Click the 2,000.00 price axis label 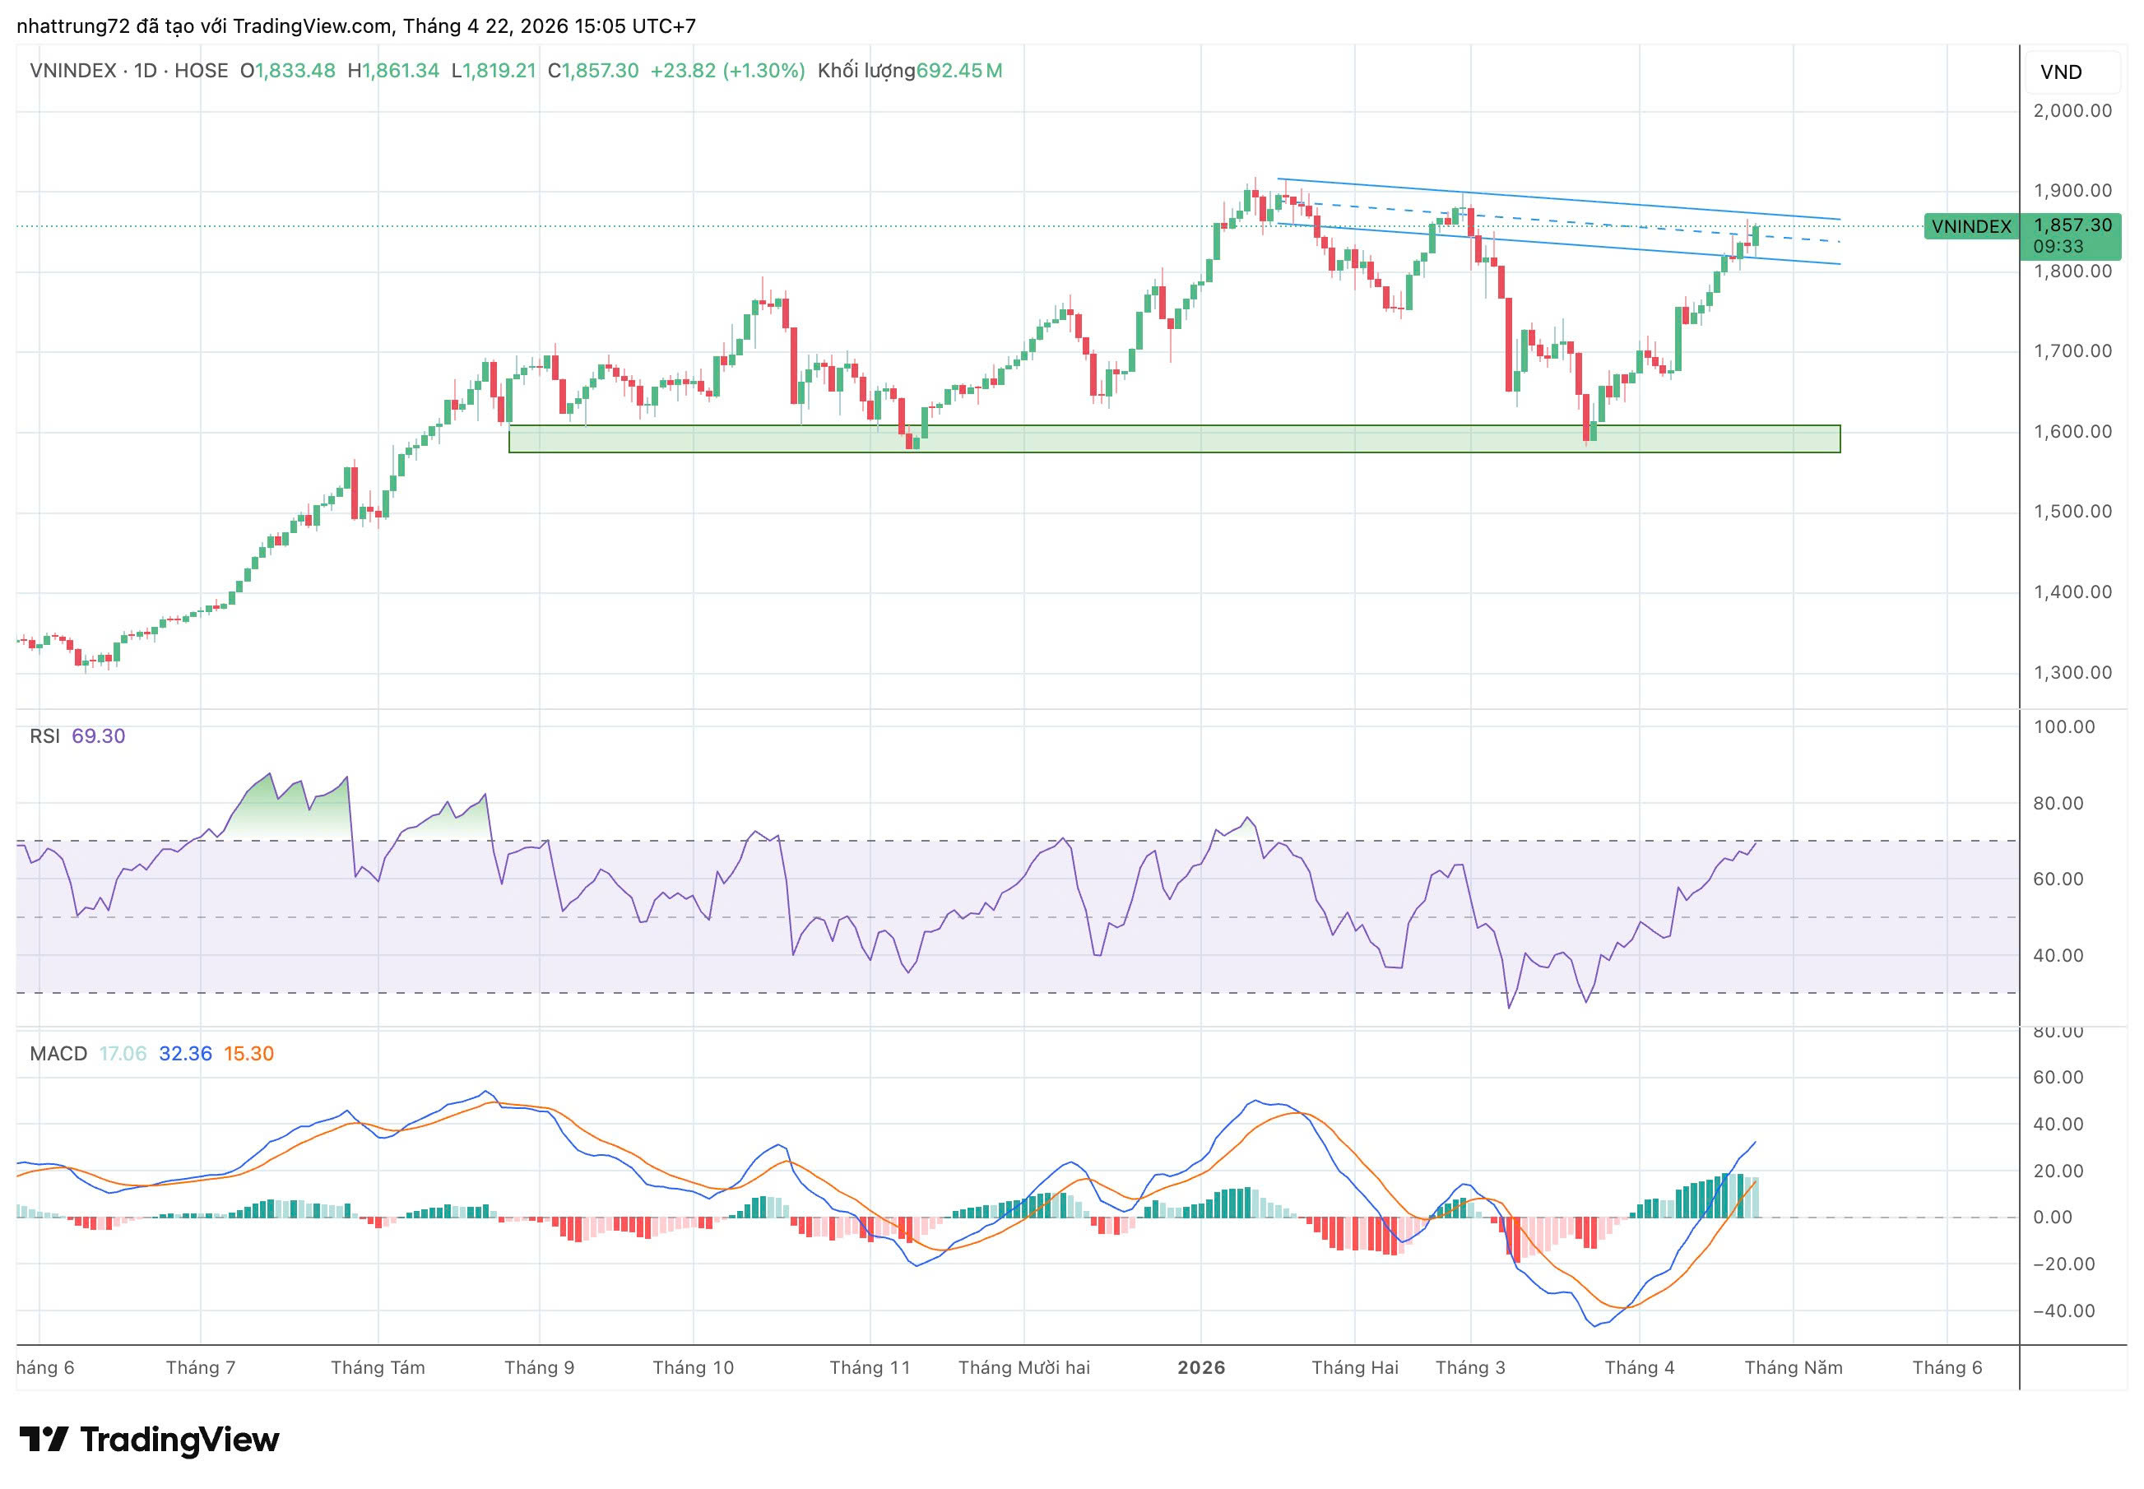pyautogui.click(x=2072, y=111)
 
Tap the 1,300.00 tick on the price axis pyautogui.click(x=2072, y=673)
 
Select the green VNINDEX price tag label pyautogui.click(x=1970, y=227)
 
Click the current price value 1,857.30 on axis pyautogui.click(x=2072, y=225)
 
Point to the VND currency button pyautogui.click(x=2060, y=72)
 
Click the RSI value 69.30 pyautogui.click(x=98, y=736)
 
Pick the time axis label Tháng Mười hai pyautogui.click(x=1023, y=1368)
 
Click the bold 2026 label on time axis pyautogui.click(x=1200, y=1368)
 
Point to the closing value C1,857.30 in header pyautogui.click(x=593, y=71)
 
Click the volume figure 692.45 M pyautogui.click(x=959, y=71)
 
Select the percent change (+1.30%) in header pyautogui.click(x=764, y=71)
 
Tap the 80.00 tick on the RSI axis pyautogui.click(x=2058, y=803)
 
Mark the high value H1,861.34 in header pyautogui.click(x=392, y=71)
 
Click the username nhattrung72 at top pyautogui.click(x=72, y=26)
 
